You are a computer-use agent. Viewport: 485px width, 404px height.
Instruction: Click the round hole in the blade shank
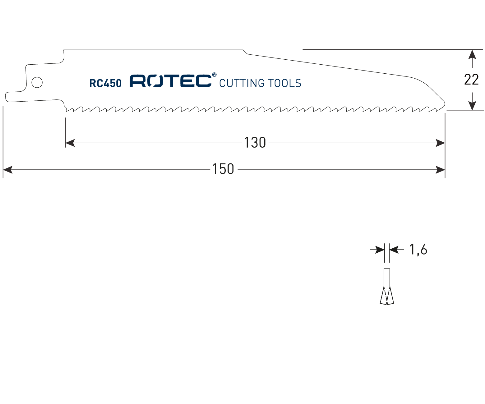point(37,82)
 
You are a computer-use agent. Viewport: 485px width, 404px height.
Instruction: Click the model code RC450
point(105,83)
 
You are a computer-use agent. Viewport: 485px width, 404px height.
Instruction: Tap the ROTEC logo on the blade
point(170,81)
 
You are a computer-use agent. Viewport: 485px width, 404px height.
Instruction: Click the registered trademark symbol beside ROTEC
point(215,75)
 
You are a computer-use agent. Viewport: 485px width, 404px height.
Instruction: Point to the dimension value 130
point(255,143)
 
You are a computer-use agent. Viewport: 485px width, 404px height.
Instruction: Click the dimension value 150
point(223,169)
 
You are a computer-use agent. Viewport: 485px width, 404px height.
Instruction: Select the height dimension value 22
point(471,80)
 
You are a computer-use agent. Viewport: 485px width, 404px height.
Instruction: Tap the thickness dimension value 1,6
point(418,250)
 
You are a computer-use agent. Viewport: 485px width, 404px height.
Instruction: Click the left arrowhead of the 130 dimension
point(70,143)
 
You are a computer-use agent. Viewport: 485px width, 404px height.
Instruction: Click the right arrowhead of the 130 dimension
point(440,143)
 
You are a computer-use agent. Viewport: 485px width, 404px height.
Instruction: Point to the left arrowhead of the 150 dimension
point(8,170)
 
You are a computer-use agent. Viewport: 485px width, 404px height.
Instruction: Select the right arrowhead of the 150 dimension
point(440,170)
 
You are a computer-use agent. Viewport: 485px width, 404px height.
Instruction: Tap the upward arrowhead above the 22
point(472,54)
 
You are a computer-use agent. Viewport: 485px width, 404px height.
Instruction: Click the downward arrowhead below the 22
point(472,105)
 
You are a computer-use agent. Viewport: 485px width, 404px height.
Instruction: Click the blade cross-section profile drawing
point(387,287)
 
